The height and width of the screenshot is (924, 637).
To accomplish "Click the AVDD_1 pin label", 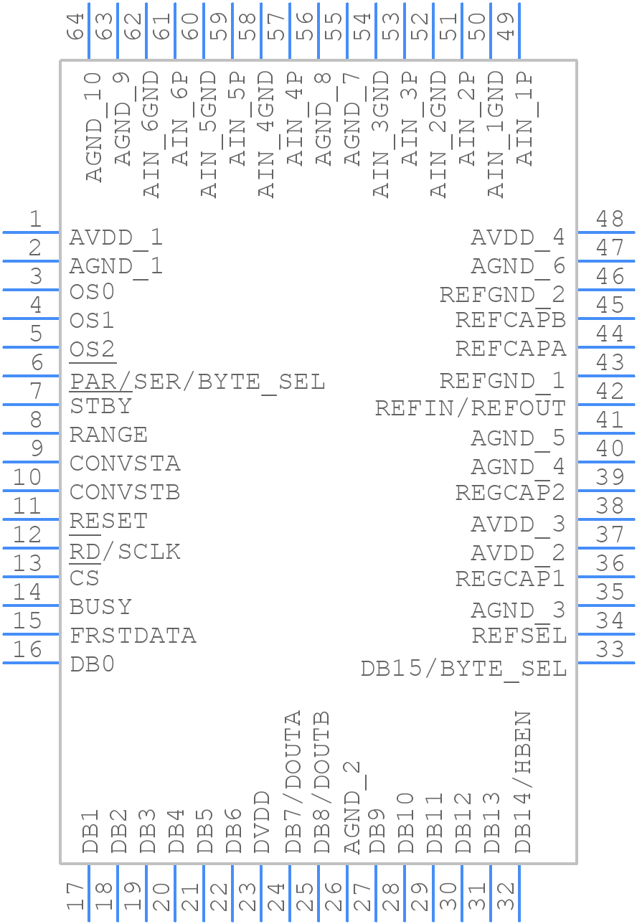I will coord(116,237).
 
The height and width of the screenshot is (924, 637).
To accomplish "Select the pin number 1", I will coord(34,220).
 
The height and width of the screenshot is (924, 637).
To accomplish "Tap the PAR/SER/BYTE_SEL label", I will coord(197,381).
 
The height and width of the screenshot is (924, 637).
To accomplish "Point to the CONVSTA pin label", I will coord(125,463).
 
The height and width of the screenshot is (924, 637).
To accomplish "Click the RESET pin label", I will coord(108,521).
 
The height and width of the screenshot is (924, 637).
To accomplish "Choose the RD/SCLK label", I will coord(125,552).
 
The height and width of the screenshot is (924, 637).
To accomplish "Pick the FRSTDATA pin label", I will coord(133,636).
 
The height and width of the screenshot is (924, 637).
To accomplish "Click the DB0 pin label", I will coord(93,664).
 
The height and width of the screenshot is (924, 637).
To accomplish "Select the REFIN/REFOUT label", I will coord(471,408).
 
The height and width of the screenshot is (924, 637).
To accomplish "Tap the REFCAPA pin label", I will coord(511,349).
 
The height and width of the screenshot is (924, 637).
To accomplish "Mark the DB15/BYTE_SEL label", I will coord(463,669).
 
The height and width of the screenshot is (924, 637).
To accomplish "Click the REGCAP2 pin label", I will coord(510,493).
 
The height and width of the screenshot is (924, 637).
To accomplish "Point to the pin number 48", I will coord(610,219).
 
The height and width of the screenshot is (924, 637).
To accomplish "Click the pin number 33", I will coord(610,649).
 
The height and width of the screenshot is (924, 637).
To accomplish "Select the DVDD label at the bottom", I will coord(263,822).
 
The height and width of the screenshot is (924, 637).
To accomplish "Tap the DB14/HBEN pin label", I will coord(524,782).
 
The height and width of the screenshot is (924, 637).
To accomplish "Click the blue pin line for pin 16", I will coord(32,663).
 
